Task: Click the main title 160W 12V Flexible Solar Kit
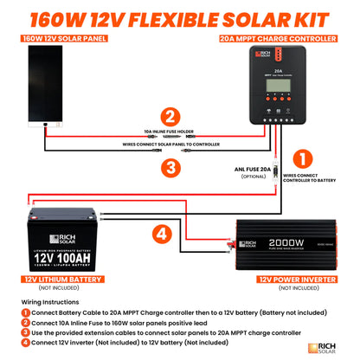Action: (179, 16)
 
